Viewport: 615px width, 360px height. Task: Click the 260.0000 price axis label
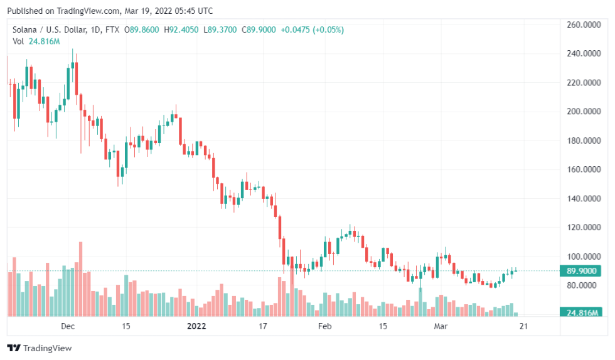tap(581, 25)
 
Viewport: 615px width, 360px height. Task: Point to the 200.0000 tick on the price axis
tap(581, 112)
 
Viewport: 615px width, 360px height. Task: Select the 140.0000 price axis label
tap(581, 199)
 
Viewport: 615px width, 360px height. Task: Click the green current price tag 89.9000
tap(580, 272)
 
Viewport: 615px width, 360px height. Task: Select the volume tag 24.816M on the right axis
tap(580, 312)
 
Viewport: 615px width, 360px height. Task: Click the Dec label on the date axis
tap(68, 326)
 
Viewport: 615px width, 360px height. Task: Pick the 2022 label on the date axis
tap(196, 326)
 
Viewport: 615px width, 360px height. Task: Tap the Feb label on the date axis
tap(324, 326)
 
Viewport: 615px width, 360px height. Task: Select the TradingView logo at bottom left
tap(40, 348)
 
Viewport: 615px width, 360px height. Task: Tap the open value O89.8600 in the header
tap(142, 29)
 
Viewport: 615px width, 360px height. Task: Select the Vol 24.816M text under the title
tap(36, 41)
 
